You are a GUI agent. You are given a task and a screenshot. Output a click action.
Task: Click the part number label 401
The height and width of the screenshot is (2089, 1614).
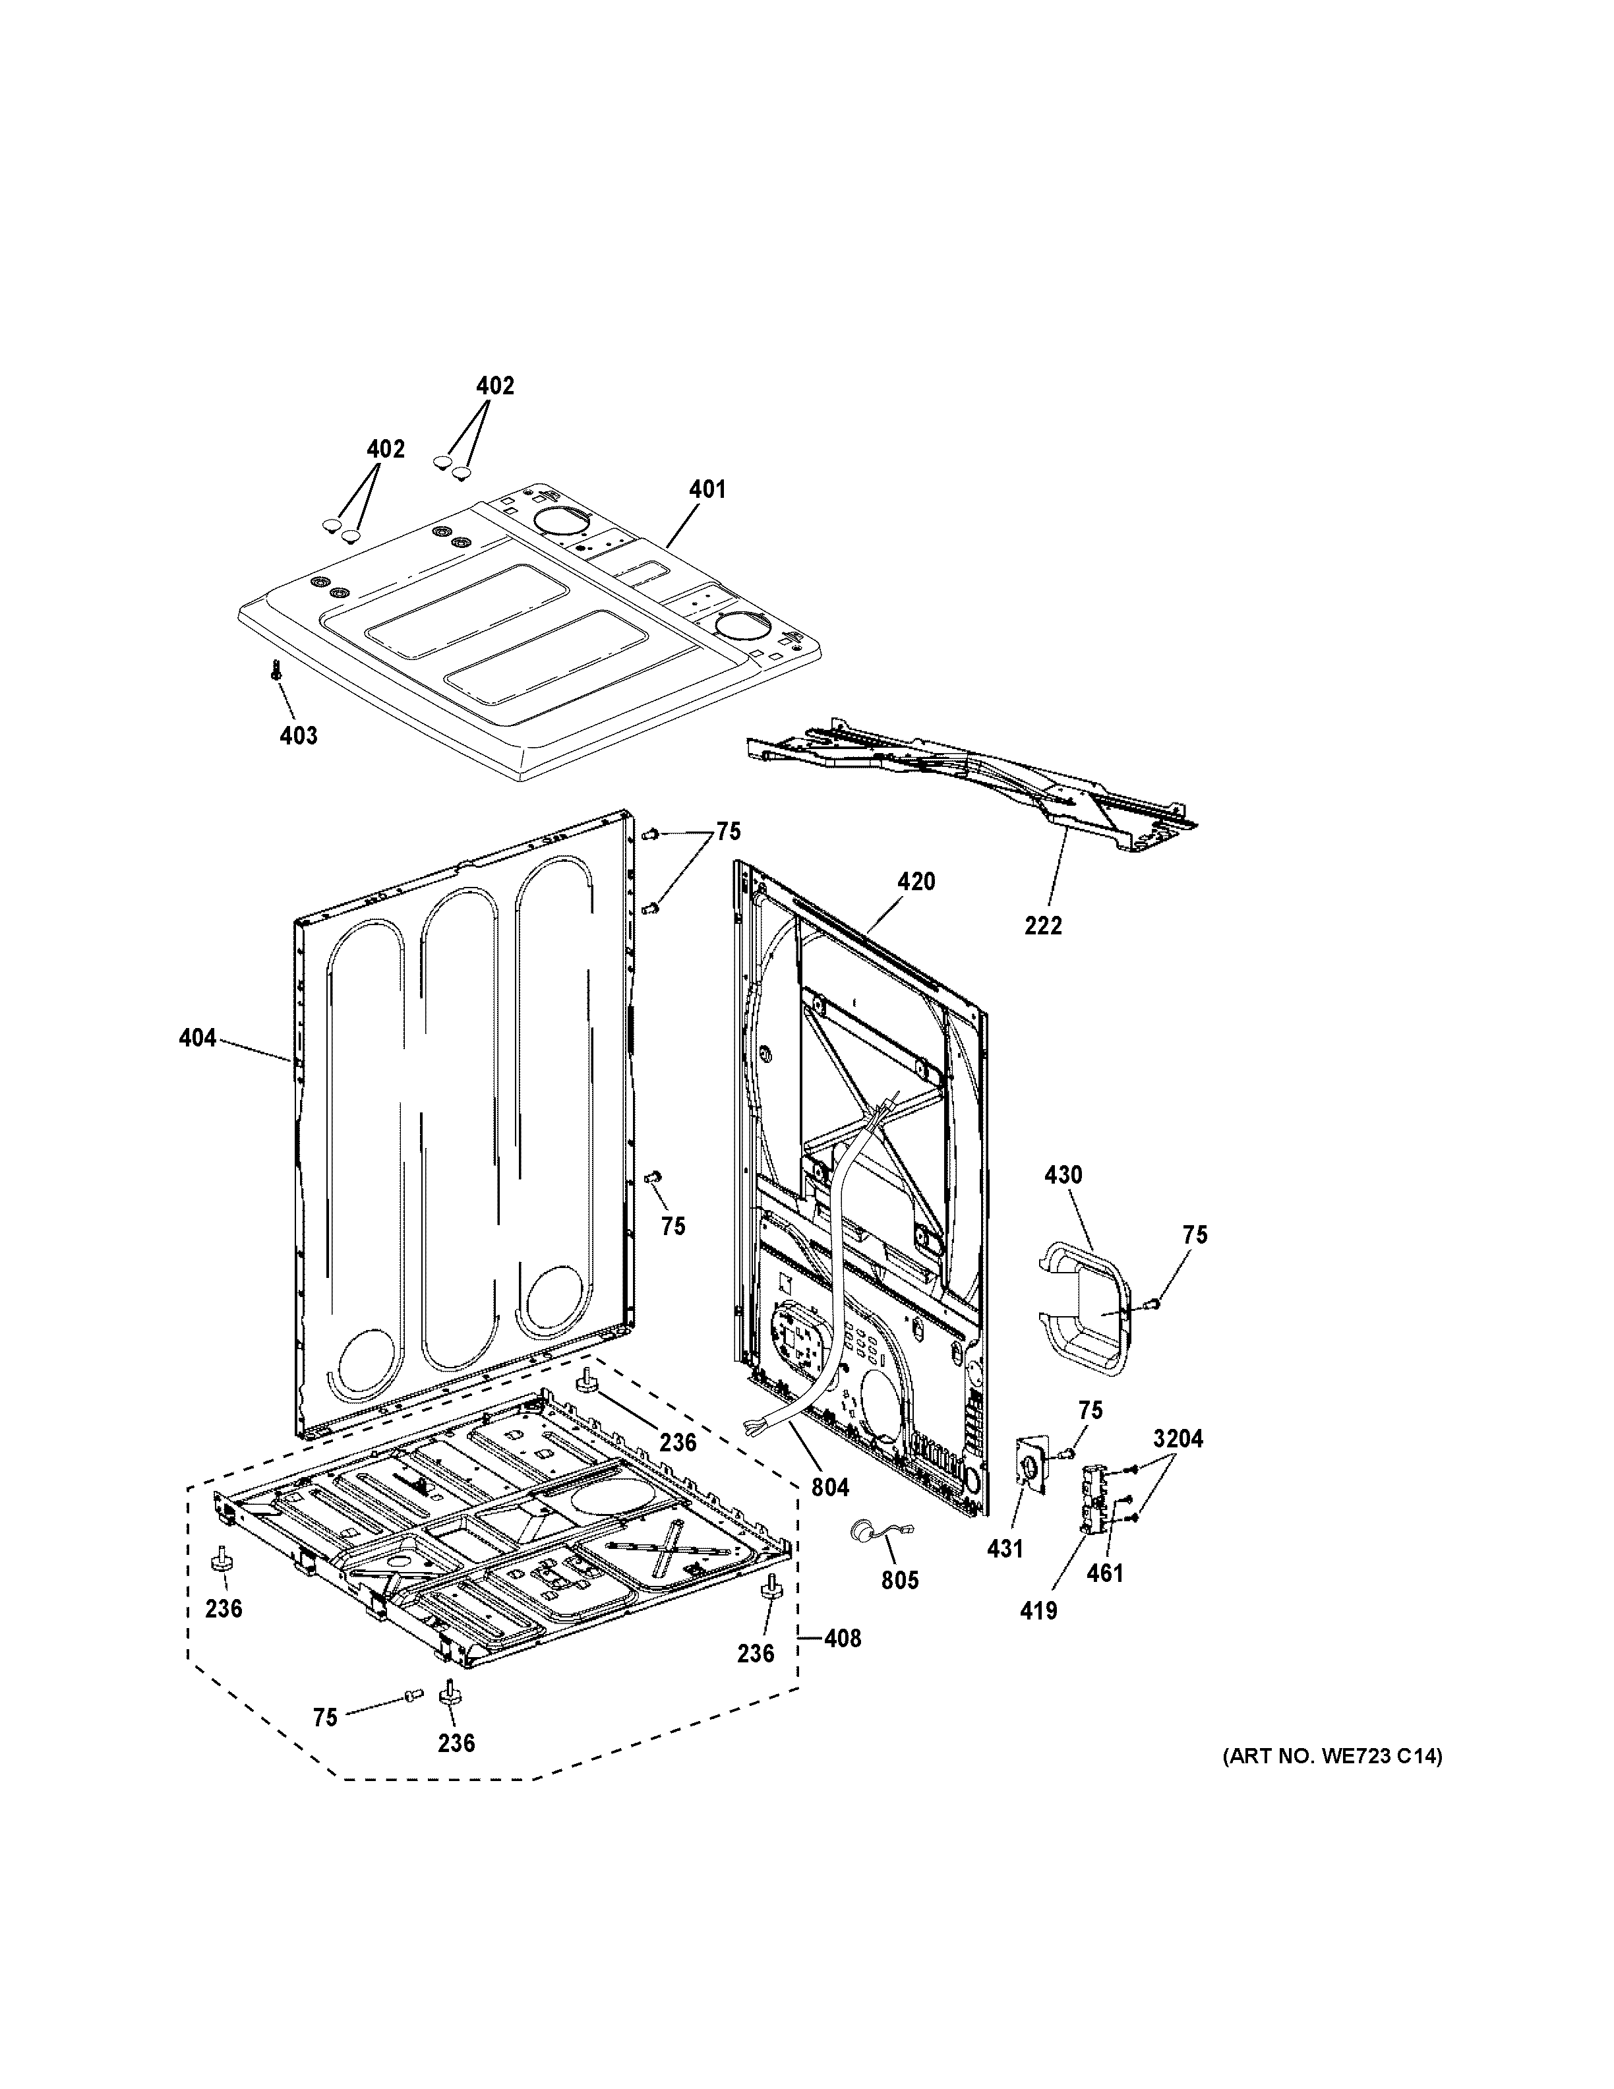click(707, 490)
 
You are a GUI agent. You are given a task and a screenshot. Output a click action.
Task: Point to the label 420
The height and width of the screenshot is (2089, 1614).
click(915, 881)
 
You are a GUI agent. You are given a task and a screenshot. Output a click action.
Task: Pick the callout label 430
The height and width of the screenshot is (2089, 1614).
click(1062, 1174)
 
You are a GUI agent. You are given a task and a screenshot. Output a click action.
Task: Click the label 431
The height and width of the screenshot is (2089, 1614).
click(1005, 1548)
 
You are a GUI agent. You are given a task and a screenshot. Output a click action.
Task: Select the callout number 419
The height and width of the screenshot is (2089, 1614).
click(1038, 1611)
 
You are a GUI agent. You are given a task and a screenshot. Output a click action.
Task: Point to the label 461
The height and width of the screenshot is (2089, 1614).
click(1104, 1573)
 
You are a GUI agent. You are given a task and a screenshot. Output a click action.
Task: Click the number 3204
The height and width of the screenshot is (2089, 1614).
click(1178, 1465)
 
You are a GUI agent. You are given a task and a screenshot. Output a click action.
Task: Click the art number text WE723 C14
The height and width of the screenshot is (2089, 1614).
click(1331, 1756)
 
